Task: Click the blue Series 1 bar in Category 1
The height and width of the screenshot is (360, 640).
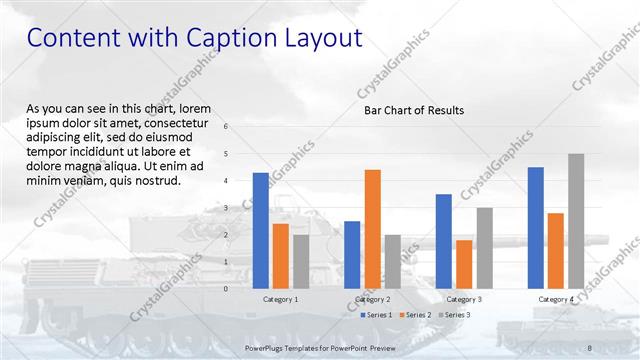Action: click(261, 230)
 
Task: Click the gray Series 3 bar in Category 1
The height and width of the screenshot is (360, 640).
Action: click(301, 261)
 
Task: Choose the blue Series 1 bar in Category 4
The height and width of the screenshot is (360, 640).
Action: click(536, 227)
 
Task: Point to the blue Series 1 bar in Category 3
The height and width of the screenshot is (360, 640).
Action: click(444, 240)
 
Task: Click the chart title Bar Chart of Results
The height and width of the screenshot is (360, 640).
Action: click(413, 110)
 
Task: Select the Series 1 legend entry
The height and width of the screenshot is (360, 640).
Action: click(374, 315)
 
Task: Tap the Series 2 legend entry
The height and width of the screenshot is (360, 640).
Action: click(414, 315)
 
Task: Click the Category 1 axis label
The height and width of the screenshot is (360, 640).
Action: click(281, 299)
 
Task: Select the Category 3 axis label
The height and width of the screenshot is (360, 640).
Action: click(464, 299)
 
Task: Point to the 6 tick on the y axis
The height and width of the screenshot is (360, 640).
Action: click(226, 127)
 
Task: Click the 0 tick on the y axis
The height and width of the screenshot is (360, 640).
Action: click(226, 289)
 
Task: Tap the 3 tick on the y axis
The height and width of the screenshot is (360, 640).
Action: click(226, 208)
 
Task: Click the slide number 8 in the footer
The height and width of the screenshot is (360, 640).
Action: click(590, 347)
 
